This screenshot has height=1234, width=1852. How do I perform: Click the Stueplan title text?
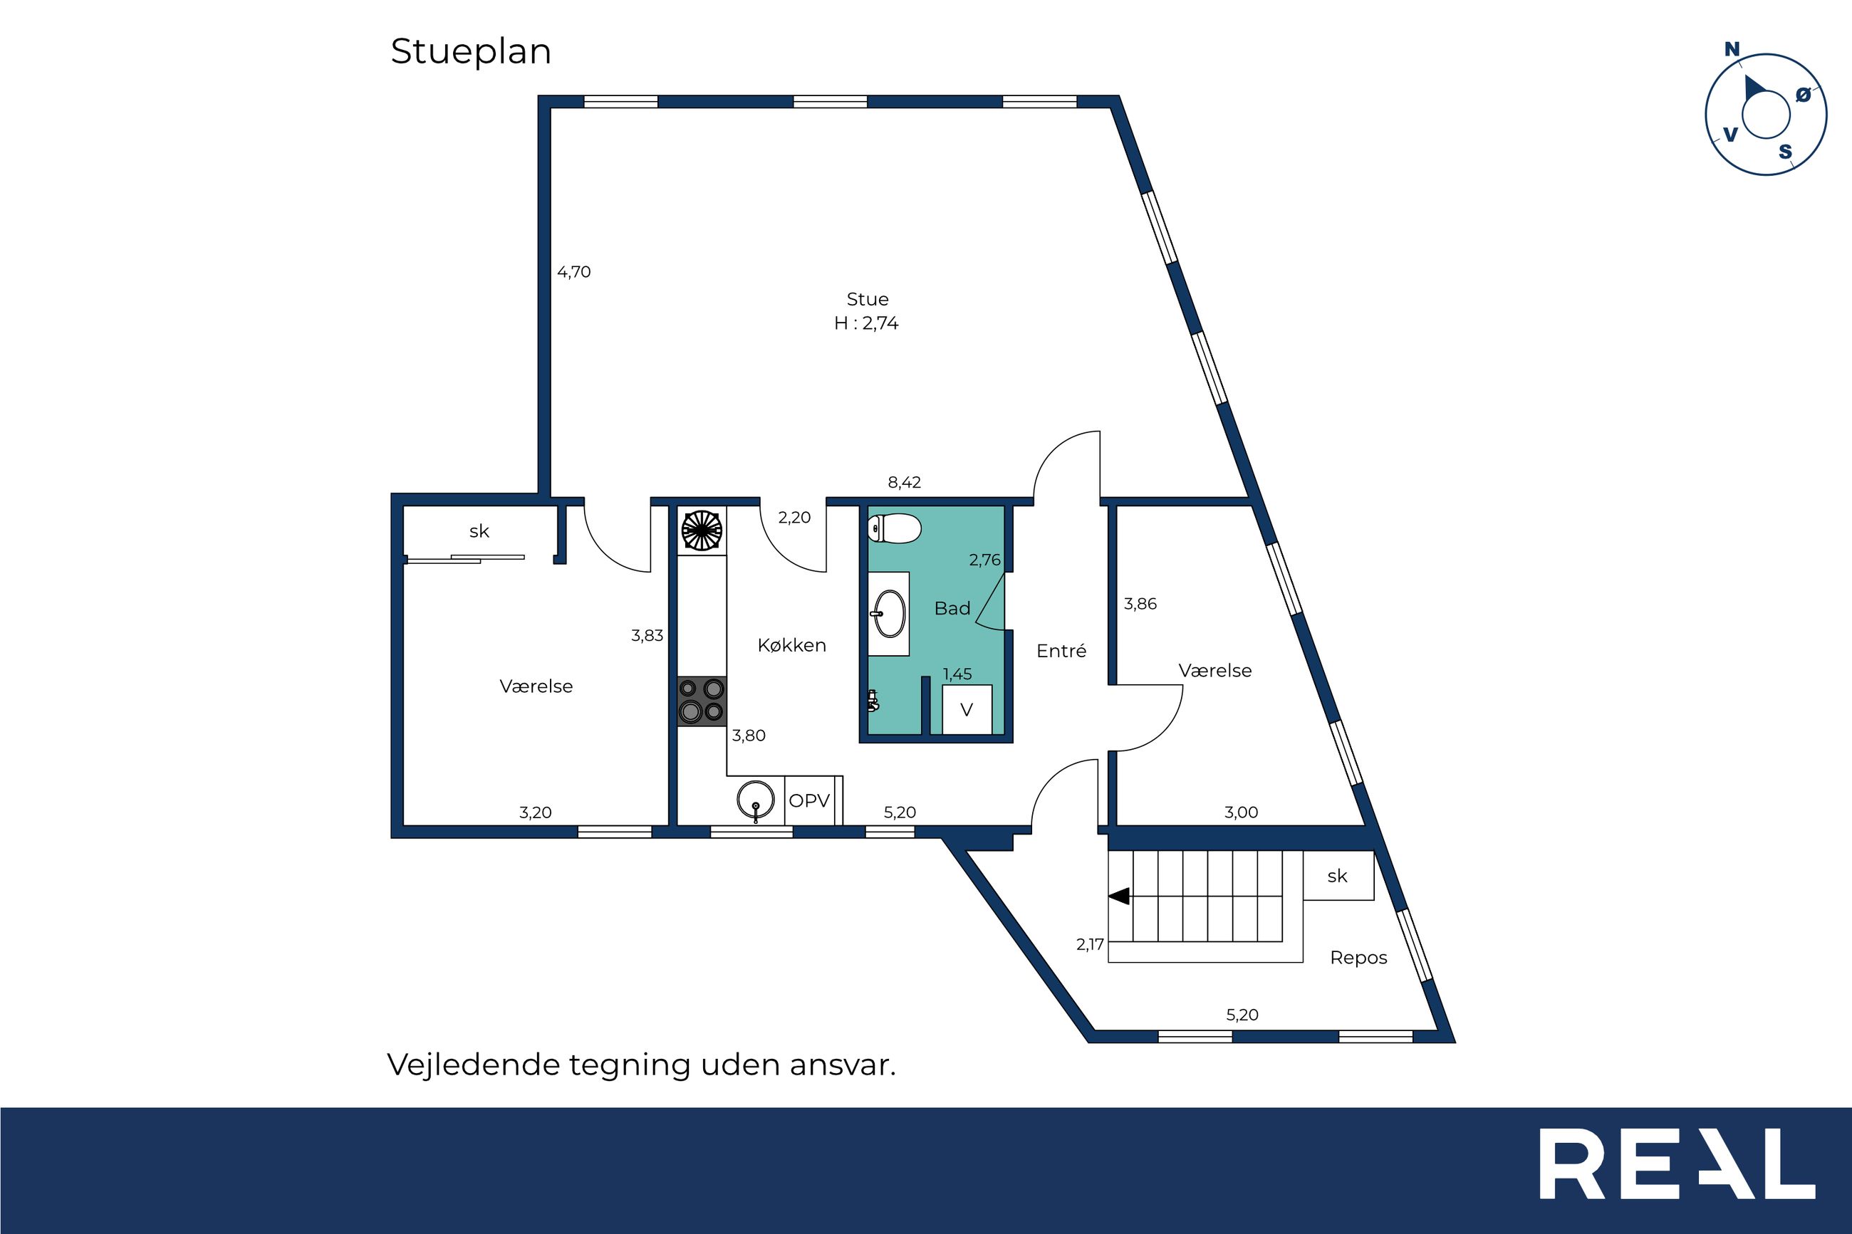(x=471, y=53)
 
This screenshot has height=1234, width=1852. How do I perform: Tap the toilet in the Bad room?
(x=894, y=528)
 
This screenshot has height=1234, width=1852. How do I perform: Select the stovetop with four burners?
(x=702, y=701)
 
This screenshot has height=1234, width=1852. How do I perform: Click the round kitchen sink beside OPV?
(x=756, y=800)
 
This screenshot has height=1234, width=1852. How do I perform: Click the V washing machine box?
(x=967, y=710)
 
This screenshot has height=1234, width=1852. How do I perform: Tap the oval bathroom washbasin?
(x=890, y=613)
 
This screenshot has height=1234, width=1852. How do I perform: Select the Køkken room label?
(x=792, y=645)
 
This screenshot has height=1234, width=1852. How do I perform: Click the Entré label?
(x=1061, y=651)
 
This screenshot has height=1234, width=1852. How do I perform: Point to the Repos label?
(x=1358, y=958)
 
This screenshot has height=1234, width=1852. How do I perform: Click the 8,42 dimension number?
(x=905, y=483)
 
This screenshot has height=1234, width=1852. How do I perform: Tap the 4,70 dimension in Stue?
(x=574, y=272)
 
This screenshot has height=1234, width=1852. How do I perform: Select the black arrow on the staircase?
(x=1118, y=896)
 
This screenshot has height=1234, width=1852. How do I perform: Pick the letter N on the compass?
(x=1732, y=50)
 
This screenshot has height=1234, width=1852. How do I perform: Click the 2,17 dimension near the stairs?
(x=1090, y=944)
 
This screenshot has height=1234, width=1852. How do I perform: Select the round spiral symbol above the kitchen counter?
(x=702, y=530)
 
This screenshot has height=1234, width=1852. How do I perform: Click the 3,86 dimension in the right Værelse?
(x=1140, y=605)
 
